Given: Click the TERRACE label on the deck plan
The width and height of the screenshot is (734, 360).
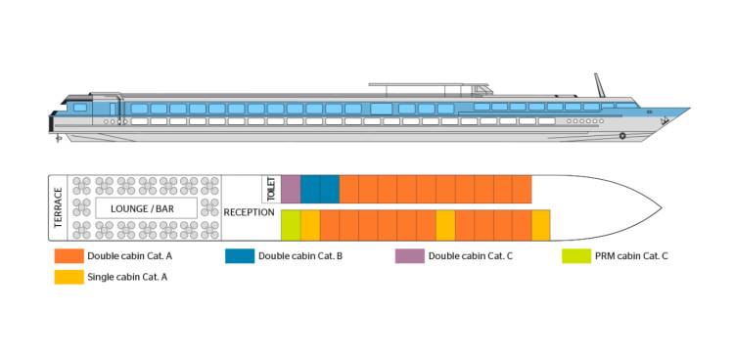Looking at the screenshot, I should (59, 207).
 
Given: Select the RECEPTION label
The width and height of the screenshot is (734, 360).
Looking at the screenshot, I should (250, 212).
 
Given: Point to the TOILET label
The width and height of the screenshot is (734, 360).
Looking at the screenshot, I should (271, 189).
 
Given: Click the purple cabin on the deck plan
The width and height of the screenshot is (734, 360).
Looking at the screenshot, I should (291, 189).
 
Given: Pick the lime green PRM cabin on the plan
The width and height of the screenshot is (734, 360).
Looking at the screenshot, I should (291, 225).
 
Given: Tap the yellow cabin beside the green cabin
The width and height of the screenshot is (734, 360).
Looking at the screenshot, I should (310, 225).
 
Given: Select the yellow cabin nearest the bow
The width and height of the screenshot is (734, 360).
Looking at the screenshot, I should (541, 225).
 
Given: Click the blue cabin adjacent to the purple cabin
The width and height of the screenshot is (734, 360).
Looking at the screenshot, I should (310, 189).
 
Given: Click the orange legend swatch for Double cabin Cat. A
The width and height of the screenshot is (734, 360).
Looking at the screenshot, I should (69, 256).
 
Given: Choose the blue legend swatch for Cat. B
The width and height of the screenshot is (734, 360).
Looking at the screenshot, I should (240, 256).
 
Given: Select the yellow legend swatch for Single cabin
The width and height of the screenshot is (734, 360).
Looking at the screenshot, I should (69, 277).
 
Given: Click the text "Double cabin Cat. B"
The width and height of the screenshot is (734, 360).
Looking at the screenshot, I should (300, 256).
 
